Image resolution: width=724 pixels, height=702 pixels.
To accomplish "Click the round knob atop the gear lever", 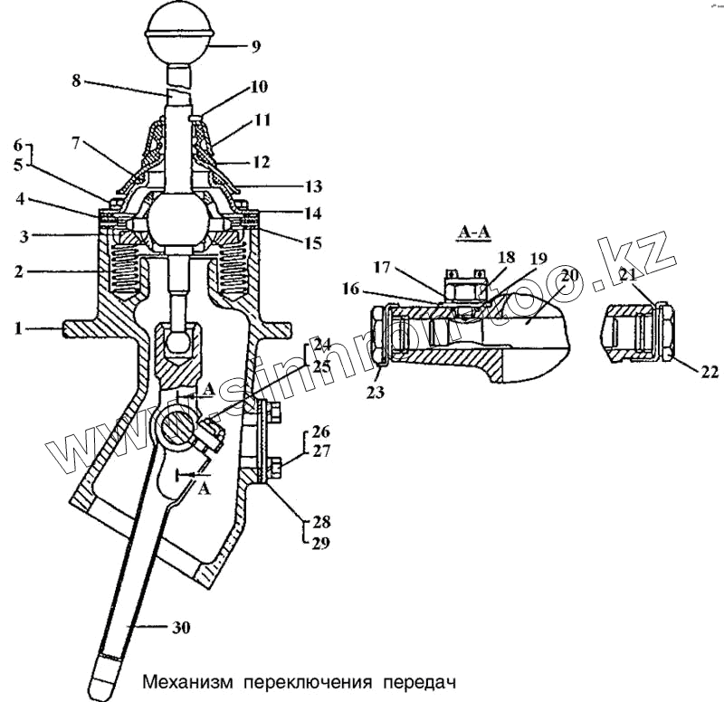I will [178, 31].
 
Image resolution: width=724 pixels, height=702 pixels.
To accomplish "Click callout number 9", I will [255, 44].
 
